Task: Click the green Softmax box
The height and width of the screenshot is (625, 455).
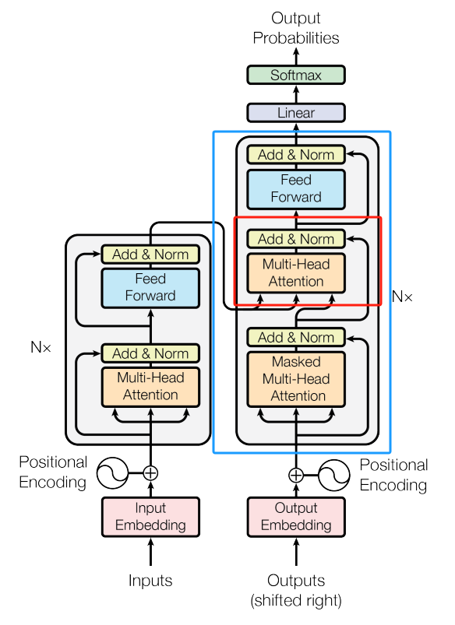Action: [x=295, y=75]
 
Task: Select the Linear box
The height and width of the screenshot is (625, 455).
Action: [x=295, y=113]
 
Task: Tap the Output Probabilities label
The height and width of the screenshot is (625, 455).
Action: [x=295, y=27]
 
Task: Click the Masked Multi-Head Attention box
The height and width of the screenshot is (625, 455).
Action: [x=295, y=379]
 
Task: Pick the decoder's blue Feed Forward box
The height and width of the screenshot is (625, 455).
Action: [x=295, y=188]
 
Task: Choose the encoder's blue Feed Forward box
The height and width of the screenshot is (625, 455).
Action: [x=150, y=287]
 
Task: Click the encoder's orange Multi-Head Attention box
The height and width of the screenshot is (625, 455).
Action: [x=150, y=386]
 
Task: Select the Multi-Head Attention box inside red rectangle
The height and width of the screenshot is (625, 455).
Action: [x=295, y=272]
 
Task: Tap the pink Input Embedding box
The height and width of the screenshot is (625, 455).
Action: [x=150, y=517]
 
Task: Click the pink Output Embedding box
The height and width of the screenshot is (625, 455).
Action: [x=295, y=517]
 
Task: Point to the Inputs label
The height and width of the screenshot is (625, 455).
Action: [x=150, y=581]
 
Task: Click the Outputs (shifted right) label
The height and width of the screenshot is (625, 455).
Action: [x=295, y=590]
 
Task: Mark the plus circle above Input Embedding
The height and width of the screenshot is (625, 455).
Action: [x=150, y=472]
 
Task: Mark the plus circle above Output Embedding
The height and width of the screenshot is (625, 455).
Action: [x=295, y=475]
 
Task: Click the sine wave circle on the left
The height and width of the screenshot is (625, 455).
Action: [x=111, y=472]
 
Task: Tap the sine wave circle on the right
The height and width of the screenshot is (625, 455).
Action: [x=335, y=475]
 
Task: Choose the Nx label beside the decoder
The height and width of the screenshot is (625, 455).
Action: [x=402, y=297]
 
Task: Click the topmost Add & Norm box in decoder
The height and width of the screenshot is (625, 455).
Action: [x=295, y=154]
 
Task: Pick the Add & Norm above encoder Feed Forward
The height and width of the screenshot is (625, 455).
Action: [x=150, y=255]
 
